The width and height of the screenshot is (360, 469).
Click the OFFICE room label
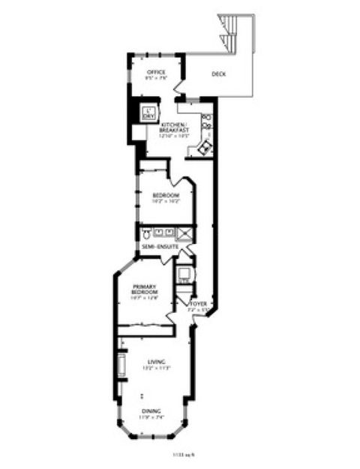click(156, 72)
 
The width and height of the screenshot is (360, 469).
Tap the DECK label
click(219, 74)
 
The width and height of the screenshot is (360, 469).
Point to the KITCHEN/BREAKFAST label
click(174, 128)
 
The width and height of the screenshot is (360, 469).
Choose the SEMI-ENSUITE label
click(157, 247)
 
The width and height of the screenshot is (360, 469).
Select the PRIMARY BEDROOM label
click(144, 290)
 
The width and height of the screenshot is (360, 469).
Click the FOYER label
click(198, 304)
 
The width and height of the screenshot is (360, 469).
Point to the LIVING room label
click(157, 362)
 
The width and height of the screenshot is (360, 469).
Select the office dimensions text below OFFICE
click(156, 78)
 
